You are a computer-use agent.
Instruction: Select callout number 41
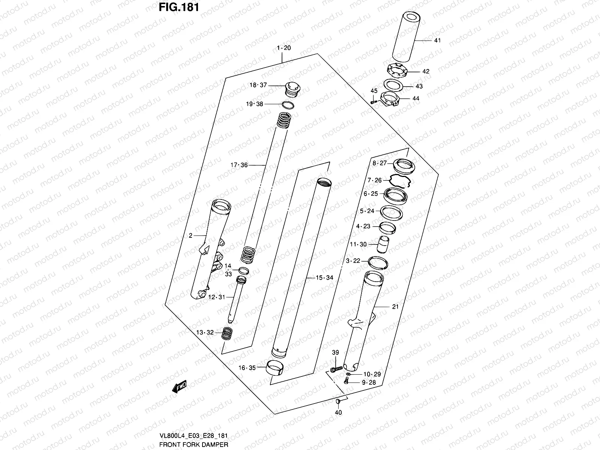point(437,40)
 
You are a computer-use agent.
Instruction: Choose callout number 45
point(374,91)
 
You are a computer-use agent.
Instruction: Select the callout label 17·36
point(239,165)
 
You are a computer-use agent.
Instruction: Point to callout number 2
point(190,235)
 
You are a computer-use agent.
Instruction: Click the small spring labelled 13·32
point(226,333)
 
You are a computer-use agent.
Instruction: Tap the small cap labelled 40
point(338,402)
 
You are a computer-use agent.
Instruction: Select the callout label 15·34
point(324,278)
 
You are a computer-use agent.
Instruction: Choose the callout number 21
point(395,307)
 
